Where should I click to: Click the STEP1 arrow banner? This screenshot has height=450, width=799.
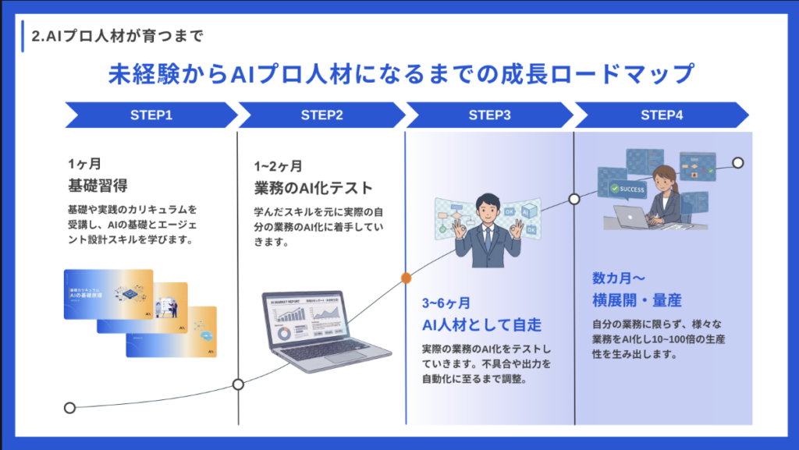tap(151, 115)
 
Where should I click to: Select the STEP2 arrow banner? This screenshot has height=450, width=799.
tap(321, 115)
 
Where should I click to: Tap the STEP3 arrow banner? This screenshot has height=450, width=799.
tap(490, 115)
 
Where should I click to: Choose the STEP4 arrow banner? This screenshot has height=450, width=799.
tap(662, 115)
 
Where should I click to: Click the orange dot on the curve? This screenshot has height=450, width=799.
tap(406, 277)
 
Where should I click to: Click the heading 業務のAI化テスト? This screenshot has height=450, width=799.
tap(314, 188)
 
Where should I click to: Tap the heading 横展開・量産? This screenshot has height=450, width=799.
tap(639, 300)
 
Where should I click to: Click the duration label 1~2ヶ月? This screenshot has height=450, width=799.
tap(278, 166)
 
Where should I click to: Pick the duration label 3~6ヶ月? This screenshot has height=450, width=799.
tap(446, 302)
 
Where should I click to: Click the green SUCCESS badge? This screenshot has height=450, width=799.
tap(629, 189)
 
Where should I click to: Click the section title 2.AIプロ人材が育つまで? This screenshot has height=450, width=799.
tap(117, 35)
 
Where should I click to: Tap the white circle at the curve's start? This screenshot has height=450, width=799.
tap(69, 407)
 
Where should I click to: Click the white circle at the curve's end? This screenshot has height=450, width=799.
tap(737, 163)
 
